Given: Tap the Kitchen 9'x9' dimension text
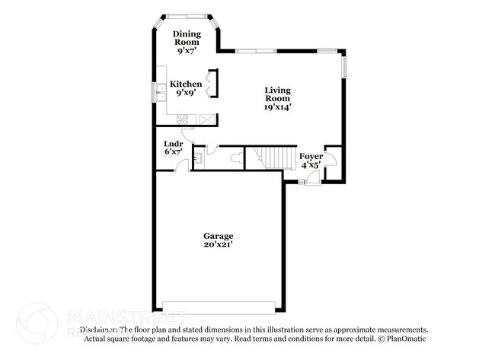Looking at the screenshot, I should point(186,94).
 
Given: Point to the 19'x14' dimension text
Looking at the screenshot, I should point(277,107).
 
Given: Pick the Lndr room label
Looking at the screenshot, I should point(173,143).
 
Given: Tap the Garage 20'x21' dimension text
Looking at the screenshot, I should point(218,246).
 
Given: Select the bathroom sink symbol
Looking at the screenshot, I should point(197,158).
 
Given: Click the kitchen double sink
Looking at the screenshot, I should point(161,93).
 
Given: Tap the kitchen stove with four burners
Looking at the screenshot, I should point(184,119).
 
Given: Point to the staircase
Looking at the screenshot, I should point(274,158).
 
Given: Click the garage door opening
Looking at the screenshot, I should point(219,307).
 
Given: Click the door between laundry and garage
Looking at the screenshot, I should point(181,165).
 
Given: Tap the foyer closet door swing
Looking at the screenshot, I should point(330,151).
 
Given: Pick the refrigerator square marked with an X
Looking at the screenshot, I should point(206,119).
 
